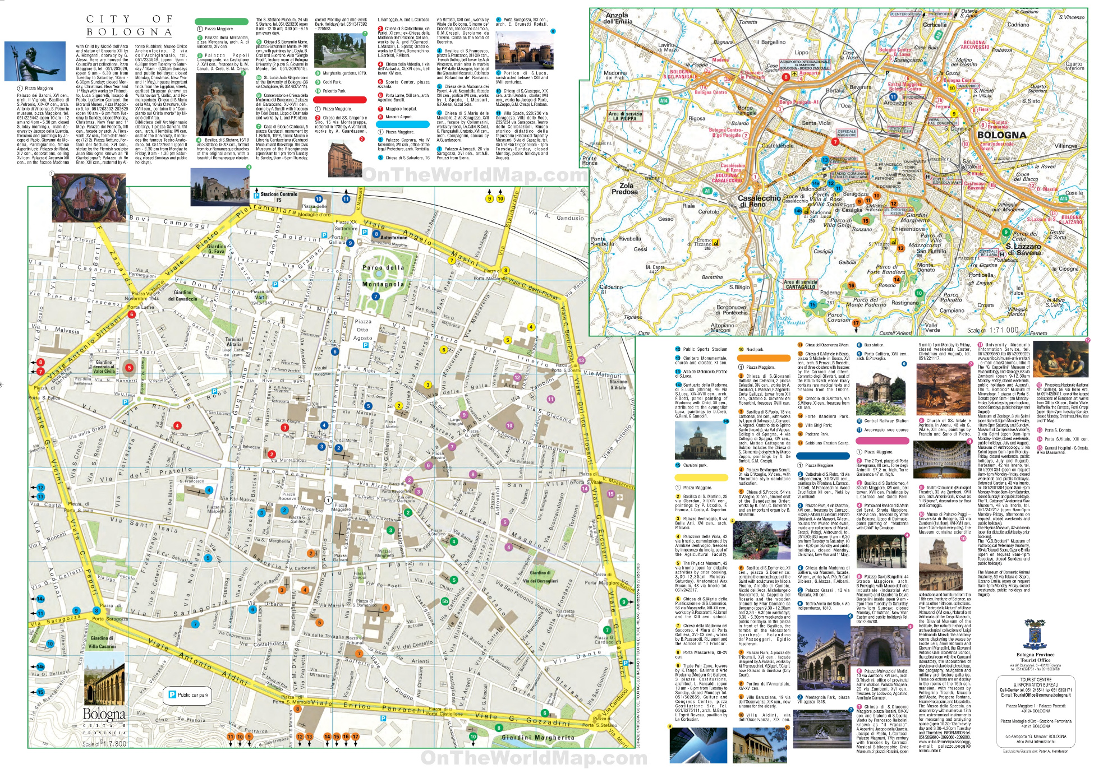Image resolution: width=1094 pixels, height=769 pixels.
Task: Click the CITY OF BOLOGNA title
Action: pyautogui.click(x=130, y=25)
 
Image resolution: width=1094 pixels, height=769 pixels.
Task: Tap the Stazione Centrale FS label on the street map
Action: pyautogui.click(x=279, y=197)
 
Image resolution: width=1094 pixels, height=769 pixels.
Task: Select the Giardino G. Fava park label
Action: pyautogui.click(x=216, y=249)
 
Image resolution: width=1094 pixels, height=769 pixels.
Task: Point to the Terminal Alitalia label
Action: pyautogui.click(x=234, y=342)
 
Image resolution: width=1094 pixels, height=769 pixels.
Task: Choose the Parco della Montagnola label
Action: pyautogui.click(x=383, y=276)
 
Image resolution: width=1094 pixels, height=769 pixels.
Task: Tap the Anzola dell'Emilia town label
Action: pyautogui.click(x=617, y=18)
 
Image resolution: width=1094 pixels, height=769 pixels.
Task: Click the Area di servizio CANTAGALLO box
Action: pyautogui.click(x=800, y=284)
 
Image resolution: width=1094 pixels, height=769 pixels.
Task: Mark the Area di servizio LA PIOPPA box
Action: pyautogui.click(x=624, y=116)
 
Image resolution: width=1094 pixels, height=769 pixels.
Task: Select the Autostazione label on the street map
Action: pyautogui.click(x=393, y=238)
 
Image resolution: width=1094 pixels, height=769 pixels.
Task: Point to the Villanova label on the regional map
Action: pyautogui.click(x=1065, y=146)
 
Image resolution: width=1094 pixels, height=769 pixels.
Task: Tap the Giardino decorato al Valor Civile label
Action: pyautogui.click(x=104, y=367)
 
